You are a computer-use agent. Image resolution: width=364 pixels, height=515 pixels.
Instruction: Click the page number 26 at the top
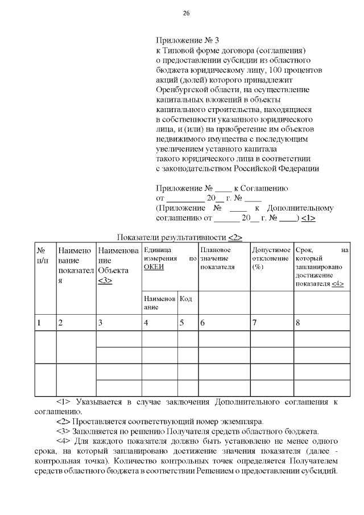(186, 14)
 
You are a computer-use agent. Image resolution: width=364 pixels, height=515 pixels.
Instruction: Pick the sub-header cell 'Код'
(186, 299)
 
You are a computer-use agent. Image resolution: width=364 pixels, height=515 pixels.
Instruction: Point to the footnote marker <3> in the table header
(105, 281)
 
